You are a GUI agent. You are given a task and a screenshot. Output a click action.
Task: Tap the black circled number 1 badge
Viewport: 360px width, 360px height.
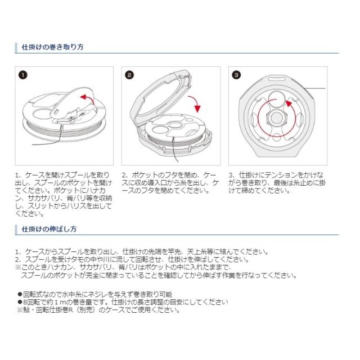23,75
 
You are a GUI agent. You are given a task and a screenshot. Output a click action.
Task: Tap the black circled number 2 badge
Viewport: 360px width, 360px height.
129,75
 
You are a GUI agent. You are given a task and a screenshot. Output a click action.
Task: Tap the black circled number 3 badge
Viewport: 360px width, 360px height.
236,75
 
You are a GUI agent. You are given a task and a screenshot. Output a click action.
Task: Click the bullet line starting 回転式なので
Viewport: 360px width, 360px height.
96,294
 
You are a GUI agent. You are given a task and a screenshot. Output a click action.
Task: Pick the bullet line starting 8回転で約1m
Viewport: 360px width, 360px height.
124,302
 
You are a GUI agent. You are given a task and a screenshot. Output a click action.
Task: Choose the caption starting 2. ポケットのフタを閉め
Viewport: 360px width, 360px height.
169,183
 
